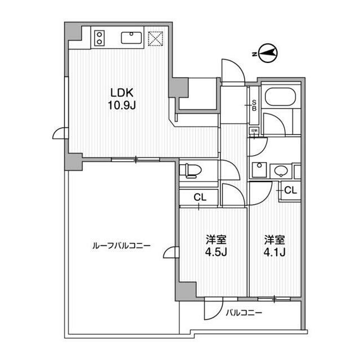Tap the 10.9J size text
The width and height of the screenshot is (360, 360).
119,105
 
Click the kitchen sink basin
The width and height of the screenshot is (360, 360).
131,37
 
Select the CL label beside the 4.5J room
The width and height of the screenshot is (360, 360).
200,197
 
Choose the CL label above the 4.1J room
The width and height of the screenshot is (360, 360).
289,191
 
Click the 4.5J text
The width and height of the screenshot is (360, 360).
215,251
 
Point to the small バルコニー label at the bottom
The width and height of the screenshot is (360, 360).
244,313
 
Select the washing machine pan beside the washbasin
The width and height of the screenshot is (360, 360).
259,170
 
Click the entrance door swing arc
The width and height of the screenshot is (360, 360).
232,71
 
